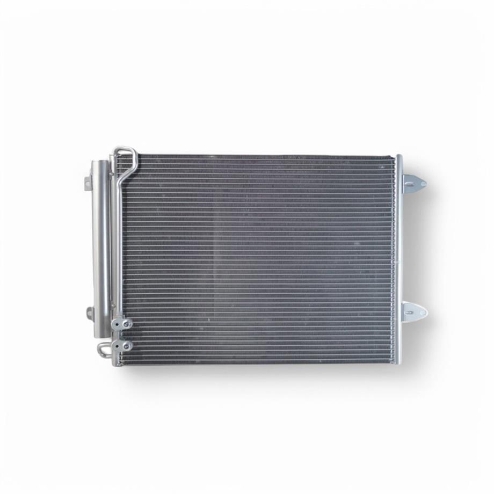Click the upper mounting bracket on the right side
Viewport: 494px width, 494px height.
[414, 183]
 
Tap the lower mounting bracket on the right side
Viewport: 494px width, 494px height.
[414, 311]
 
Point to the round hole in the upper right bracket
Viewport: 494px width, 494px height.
[423, 184]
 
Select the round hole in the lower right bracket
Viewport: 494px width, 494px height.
[423, 311]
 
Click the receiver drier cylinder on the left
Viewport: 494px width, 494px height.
[100, 247]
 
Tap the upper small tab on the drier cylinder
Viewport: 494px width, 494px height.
[88, 184]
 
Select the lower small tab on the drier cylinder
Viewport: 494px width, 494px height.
[90, 313]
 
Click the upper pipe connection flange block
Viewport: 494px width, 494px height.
[122, 324]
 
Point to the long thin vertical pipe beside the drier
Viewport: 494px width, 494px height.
[114, 242]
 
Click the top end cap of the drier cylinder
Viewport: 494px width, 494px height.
[100, 163]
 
